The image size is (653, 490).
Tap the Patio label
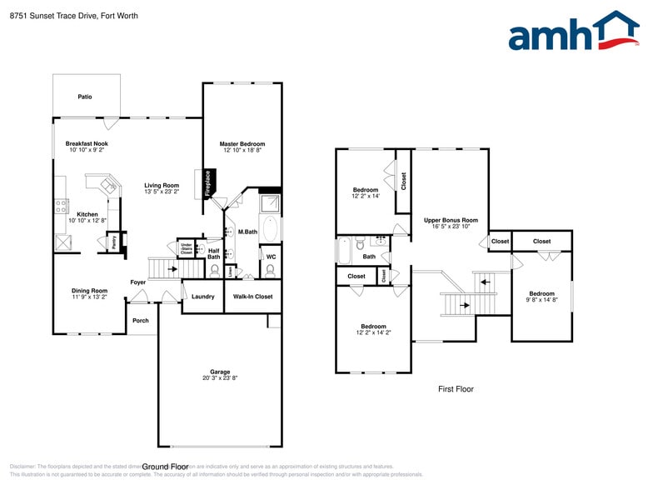(x=85, y=97)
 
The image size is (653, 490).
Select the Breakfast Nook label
(x=87, y=147)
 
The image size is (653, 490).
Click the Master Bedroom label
(x=242, y=147)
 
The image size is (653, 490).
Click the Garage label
(x=220, y=374)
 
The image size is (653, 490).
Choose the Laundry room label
(x=202, y=297)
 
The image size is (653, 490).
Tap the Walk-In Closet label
(x=252, y=297)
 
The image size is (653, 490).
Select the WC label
(x=271, y=256)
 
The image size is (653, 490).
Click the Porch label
(x=141, y=320)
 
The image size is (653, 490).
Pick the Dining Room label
(x=89, y=293)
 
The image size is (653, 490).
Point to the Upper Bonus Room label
(x=451, y=222)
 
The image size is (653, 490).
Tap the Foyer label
(x=138, y=282)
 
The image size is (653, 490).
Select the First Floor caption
(x=456, y=389)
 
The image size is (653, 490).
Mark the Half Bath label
(x=213, y=253)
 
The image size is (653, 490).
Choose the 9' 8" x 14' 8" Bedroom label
(x=542, y=297)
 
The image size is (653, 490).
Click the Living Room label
(x=162, y=188)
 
